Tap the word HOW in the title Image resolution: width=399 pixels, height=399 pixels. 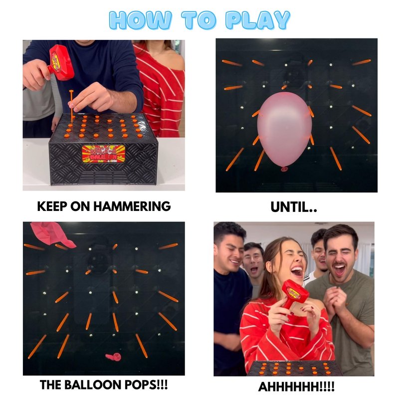coord(141,20)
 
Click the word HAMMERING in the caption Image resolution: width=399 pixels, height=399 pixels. coord(132,206)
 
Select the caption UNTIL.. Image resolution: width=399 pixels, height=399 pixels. coord(294,207)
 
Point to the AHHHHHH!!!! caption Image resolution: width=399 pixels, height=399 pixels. coord(296,387)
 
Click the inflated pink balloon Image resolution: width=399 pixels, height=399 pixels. coord(284,130)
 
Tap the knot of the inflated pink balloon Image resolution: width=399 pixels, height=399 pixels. coord(284,169)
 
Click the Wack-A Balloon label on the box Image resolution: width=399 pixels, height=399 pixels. coord(104,154)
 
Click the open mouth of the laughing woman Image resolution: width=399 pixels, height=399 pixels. coord(297,271)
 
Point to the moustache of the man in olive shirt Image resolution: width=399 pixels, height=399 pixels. coord(340,263)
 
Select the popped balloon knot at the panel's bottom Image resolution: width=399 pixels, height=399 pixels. coord(113,357)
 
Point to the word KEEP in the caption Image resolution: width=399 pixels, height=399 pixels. coord(52,206)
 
